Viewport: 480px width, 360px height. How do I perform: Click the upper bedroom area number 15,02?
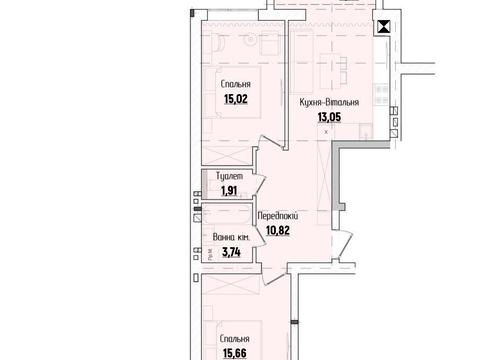coord(234,98)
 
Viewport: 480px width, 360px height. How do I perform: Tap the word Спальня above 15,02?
coord(234,85)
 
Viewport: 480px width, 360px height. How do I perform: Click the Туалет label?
coord(229,175)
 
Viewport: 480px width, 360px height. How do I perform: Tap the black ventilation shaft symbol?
coord(381,29)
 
